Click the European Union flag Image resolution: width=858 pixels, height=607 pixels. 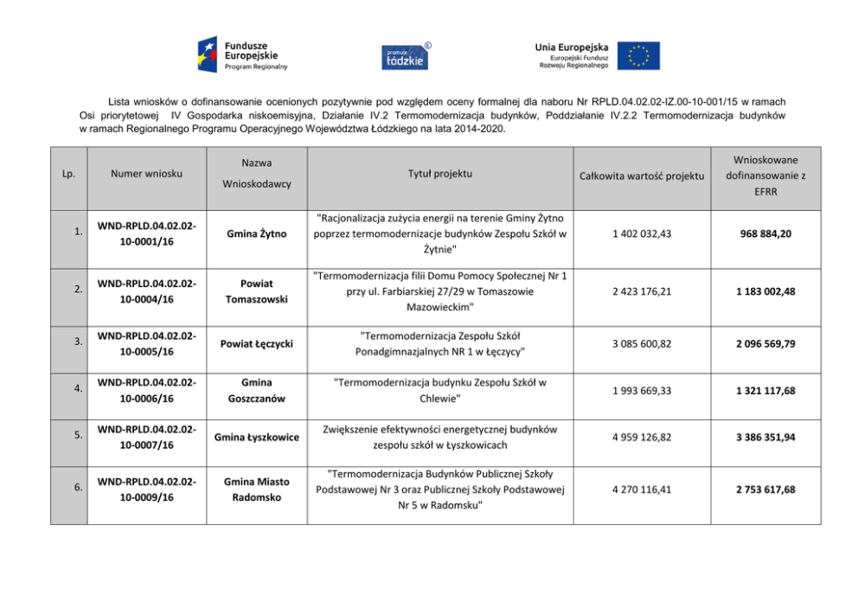click(639, 55)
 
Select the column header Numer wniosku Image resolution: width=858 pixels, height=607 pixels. click(146, 173)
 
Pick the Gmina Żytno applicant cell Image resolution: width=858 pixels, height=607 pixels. click(257, 233)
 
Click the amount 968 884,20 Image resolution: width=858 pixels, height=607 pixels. click(765, 233)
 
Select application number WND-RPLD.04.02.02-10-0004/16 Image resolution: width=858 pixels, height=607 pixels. click(146, 291)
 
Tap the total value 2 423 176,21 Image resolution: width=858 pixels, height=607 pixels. click(641, 291)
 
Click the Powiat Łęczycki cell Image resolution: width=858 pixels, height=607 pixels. click(257, 344)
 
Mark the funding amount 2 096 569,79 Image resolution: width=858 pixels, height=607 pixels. click(765, 344)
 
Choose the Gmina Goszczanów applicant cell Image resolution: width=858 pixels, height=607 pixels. click(257, 390)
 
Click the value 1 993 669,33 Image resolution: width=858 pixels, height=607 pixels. click(641, 391)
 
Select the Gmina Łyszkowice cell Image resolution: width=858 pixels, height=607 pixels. click(257, 437)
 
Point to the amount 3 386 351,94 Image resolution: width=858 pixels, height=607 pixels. click(765, 438)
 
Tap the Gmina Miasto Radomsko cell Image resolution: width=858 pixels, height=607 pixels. click(257, 489)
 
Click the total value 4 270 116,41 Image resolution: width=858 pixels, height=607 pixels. click(641, 489)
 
